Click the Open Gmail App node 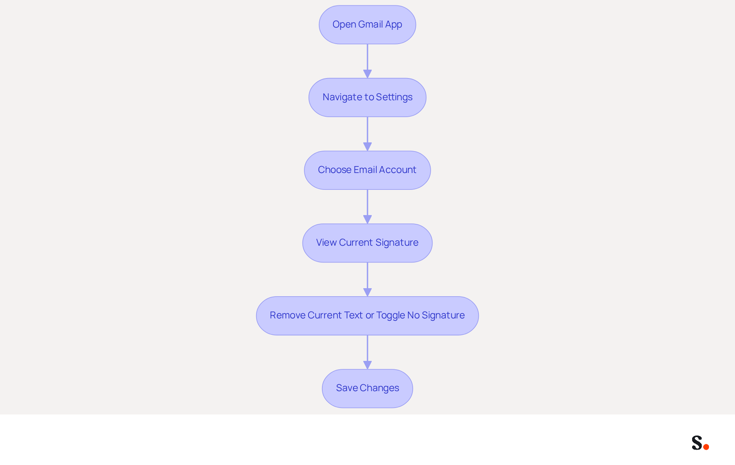367,24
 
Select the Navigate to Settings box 367,97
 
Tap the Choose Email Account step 367,170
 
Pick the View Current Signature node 367,243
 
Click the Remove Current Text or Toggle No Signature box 367,315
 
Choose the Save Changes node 367,388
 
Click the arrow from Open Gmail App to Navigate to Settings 367,61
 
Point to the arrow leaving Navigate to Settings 367,134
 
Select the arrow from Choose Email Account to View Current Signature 367,207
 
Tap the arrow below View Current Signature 367,279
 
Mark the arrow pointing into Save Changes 367,352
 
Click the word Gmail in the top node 371,24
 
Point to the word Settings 394,98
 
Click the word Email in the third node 365,170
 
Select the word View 326,242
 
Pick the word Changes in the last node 379,388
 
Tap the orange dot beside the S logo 706,447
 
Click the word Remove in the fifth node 287,315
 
